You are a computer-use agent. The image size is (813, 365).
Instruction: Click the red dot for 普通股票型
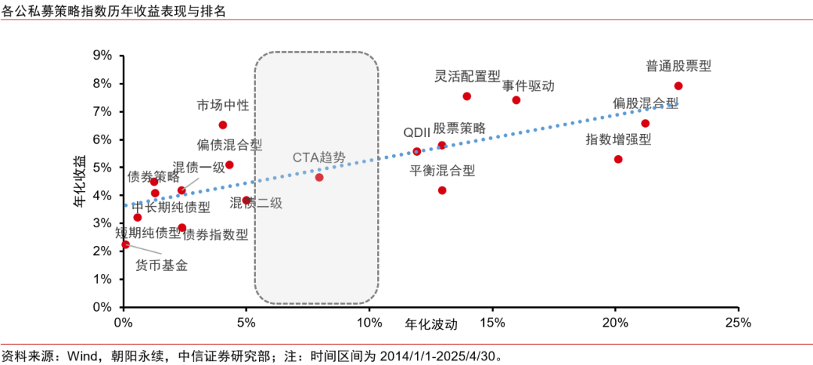click(678, 86)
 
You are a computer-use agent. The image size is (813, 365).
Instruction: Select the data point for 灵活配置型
click(467, 96)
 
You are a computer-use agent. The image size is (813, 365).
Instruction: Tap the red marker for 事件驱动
click(516, 100)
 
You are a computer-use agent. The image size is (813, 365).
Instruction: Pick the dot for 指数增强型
click(618, 160)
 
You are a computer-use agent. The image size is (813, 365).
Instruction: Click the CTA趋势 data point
click(319, 177)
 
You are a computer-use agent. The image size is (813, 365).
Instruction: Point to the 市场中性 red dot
click(223, 125)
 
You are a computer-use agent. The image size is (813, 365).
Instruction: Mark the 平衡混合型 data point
click(442, 190)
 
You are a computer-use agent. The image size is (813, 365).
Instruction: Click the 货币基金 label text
click(161, 265)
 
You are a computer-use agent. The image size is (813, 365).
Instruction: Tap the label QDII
click(416, 132)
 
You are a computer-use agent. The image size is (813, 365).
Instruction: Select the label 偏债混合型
click(230, 144)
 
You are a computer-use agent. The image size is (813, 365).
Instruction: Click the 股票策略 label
click(459, 128)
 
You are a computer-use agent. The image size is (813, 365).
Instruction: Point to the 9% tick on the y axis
click(102, 56)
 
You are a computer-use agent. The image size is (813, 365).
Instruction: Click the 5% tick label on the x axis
click(246, 323)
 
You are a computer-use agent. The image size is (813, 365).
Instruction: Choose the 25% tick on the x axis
click(738, 323)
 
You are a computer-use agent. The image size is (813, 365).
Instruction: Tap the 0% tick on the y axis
click(102, 307)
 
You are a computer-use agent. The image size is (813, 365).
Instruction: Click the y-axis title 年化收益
click(79, 181)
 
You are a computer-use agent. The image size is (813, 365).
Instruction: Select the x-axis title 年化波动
click(431, 324)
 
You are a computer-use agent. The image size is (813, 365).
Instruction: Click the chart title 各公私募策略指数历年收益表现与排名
click(114, 11)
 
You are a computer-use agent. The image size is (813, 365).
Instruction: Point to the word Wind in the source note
click(80, 355)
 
